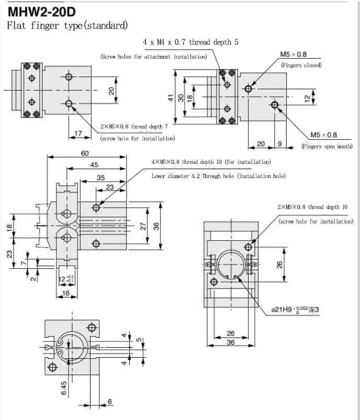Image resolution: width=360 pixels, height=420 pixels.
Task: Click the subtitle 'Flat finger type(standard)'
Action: point(67,25)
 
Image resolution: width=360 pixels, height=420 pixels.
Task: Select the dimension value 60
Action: point(85,153)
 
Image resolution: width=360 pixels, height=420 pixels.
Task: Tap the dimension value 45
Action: point(94,165)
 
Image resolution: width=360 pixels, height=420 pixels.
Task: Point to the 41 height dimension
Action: point(171,98)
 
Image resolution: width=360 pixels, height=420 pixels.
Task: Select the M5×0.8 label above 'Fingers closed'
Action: point(294,54)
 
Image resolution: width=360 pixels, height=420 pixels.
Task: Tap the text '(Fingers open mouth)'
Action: point(327,147)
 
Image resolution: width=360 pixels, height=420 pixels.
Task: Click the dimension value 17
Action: point(78,134)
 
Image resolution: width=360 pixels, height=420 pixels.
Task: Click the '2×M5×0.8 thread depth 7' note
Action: point(134,127)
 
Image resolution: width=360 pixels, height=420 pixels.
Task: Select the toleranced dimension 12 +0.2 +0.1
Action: point(66,278)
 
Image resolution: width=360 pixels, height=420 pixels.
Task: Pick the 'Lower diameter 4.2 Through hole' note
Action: point(219,176)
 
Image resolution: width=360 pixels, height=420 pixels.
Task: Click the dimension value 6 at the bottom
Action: point(110,402)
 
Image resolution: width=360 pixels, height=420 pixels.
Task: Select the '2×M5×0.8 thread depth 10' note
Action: point(312,207)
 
